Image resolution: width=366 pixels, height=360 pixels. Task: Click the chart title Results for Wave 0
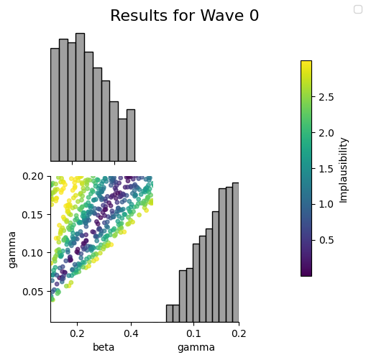[184, 16]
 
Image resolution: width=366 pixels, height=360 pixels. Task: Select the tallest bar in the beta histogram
[80, 97]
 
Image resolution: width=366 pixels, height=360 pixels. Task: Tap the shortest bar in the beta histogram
[122, 140]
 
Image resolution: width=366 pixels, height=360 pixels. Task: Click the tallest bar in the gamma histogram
[236, 252]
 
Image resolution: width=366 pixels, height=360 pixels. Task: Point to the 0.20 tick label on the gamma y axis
[33, 176]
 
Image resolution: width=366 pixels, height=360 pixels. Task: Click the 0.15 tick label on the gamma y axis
[33, 215]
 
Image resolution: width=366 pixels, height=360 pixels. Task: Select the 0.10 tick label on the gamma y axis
[33, 253]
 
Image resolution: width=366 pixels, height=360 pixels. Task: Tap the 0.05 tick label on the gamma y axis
[33, 292]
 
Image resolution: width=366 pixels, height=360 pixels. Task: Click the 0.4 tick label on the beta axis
[131, 333]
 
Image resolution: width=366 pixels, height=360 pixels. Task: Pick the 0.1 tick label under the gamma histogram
[193, 333]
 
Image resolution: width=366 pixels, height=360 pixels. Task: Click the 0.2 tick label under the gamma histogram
[239, 333]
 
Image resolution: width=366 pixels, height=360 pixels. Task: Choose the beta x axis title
[104, 347]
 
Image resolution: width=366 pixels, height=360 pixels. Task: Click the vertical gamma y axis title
[12, 250]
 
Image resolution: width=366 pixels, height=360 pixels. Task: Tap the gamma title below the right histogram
[196, 348]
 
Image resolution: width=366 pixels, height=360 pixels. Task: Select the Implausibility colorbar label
[343, 170]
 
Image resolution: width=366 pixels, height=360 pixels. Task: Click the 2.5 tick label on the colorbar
[326, 97]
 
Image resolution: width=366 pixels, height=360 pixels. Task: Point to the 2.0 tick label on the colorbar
[326, 133]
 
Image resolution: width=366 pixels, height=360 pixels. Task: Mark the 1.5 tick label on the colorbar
[326, 169]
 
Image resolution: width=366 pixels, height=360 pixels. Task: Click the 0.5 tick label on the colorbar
[326, 240]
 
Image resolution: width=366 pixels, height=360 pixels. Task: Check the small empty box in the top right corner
[358, 9]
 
